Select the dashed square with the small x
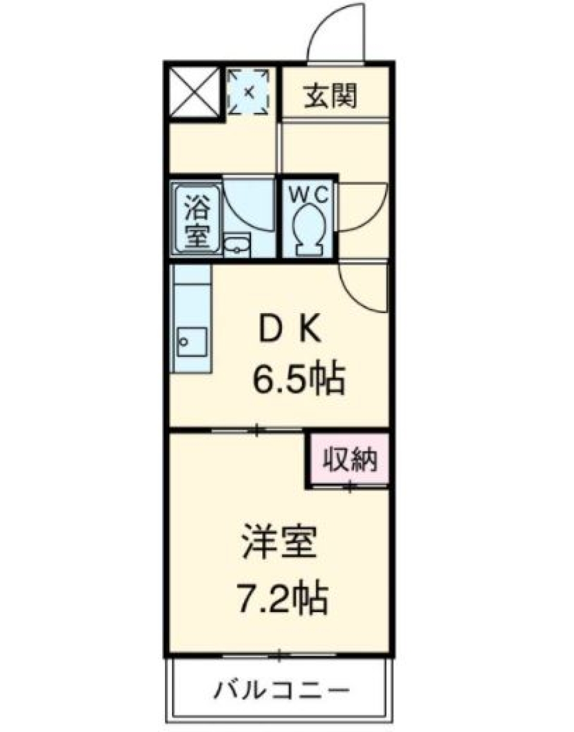(250, 91)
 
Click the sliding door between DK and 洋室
(257, 429)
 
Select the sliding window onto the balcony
(279, 656)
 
